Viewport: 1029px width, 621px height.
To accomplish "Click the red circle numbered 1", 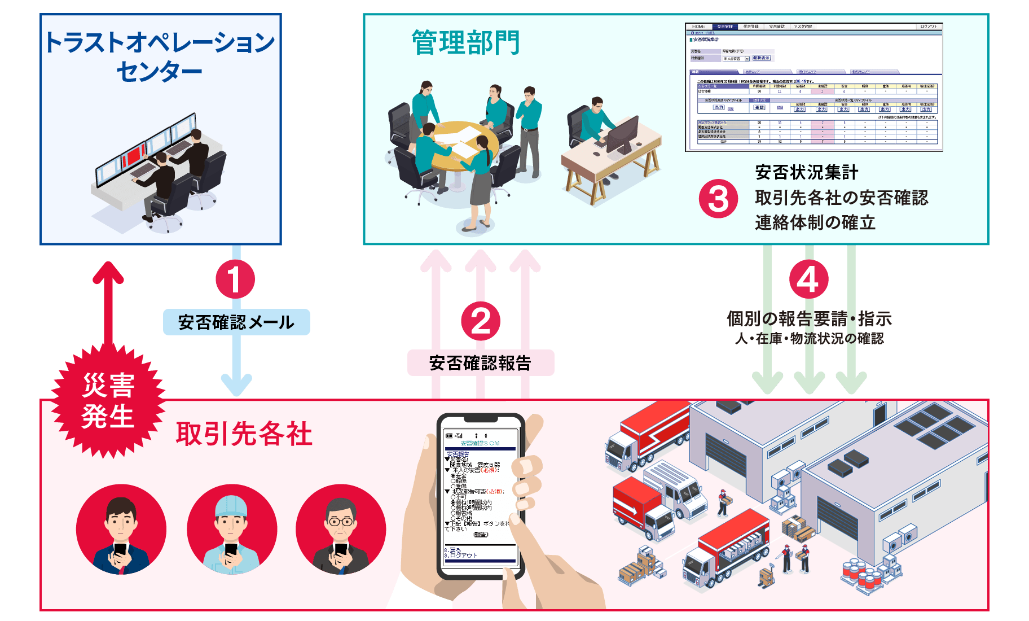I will click(235, 279).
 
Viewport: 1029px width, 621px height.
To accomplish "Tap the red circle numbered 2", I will click(481, 321).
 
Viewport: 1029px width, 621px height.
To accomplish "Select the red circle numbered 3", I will click(718, 199).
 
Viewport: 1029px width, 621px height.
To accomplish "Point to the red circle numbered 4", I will click(808, 279).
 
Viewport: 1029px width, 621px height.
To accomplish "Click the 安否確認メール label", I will click(236, 322).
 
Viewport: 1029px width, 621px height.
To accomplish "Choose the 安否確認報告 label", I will click(481, 363).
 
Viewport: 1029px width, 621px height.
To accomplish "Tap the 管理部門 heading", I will click(465, 43).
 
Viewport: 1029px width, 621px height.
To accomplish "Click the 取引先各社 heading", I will click(244, 434).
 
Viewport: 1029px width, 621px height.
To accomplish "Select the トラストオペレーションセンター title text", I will click(160, 56).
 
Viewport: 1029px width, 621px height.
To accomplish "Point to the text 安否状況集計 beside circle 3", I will click(807, 172).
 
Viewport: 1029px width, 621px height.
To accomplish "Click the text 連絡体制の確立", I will click(815, 222).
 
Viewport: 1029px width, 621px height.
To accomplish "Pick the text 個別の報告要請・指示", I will click(809, 319).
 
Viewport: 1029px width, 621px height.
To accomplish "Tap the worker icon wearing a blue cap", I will click(232, 529).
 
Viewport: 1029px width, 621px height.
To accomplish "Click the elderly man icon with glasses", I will click(341, 529).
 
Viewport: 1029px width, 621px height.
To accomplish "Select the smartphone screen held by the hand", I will click(481, 497).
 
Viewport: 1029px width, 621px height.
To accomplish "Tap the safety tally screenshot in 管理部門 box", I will click(813, 87).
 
